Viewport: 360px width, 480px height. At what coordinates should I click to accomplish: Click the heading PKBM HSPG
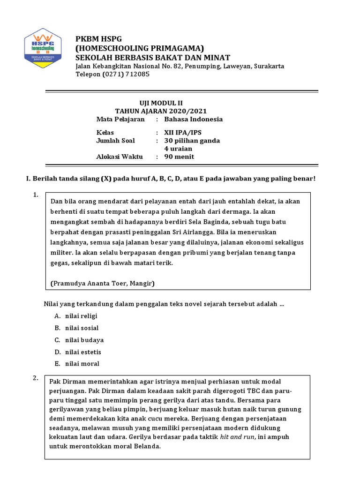(x=98, y=38)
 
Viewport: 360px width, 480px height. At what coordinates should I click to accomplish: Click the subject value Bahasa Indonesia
(x=193, y=119)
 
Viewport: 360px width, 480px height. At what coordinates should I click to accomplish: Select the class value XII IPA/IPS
(x=186, y=133)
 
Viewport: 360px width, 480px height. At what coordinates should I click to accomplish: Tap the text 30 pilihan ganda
(x=192, y=141)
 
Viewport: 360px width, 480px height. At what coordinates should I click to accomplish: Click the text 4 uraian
(x=178, y=149)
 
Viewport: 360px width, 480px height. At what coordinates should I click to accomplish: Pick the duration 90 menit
(x=179, y=157)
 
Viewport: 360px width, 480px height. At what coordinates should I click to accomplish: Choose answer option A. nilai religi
(x=76, y=316)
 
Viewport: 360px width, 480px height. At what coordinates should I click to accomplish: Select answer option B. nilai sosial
(x=76, y=328)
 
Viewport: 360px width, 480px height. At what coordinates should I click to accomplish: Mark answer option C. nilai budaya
(x=79, y=340)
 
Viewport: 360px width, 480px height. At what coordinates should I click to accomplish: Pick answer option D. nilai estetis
(x=77, y=352)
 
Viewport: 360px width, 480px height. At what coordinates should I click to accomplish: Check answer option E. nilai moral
(x=77, y=364)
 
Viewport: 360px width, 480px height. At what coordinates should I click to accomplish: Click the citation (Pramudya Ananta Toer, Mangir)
(x=102, y=284)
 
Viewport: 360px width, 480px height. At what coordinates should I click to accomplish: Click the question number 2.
(x=36, y=378)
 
